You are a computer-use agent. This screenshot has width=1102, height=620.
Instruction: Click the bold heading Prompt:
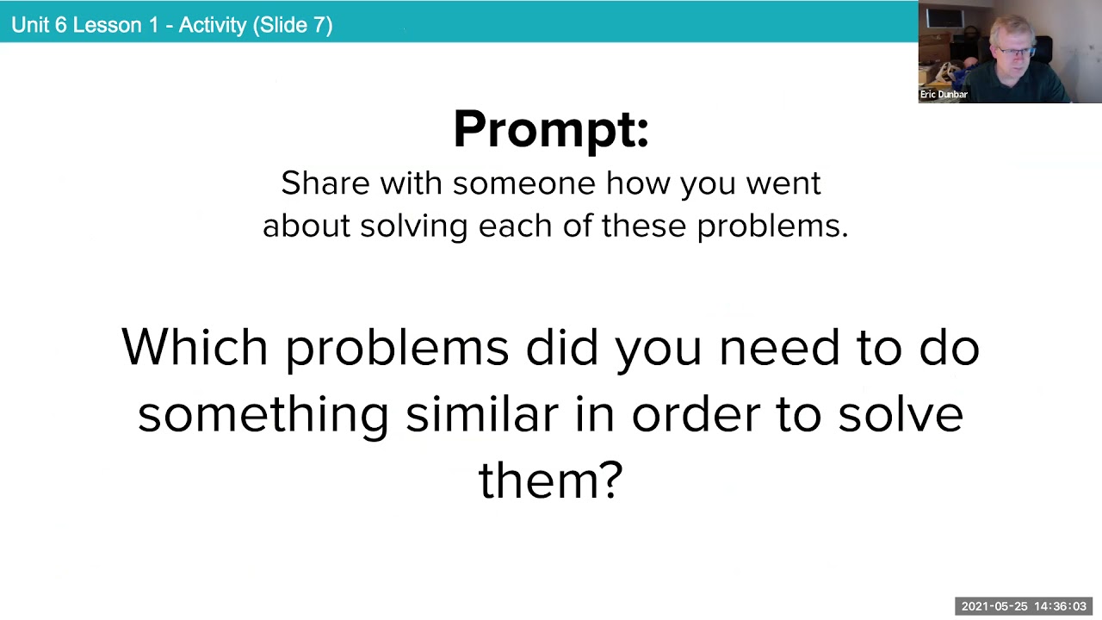[x=550, y=129]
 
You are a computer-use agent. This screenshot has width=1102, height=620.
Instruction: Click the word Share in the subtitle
[x=324, y=183]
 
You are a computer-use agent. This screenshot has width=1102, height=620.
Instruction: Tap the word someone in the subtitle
[x=523, y=183]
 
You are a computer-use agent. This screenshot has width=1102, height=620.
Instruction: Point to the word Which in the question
[x=195, y=347]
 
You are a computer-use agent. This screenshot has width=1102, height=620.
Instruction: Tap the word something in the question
[x=263, y=415]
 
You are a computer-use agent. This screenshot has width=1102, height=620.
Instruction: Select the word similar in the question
[x=482, y=413]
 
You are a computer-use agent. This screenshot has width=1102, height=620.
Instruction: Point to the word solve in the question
[x=901, y=413]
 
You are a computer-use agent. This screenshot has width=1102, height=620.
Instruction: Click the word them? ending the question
[x=550, y=480]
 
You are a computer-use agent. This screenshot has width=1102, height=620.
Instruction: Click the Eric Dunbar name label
[x=944, y=95]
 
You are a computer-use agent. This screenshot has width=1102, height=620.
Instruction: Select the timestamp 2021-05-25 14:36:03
[x=1024, y=606]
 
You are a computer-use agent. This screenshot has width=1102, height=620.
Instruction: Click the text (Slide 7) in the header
[x=293, y=25]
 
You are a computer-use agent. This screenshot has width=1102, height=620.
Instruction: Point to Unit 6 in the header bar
[x=40, y=25]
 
